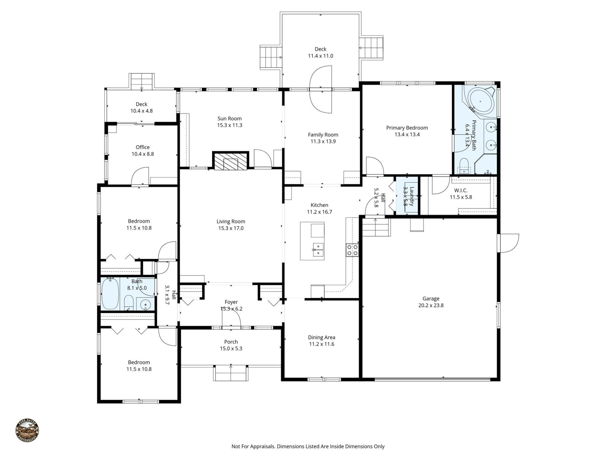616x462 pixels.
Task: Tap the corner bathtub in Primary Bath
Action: (480, 101)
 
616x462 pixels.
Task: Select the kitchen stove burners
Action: (352, 250)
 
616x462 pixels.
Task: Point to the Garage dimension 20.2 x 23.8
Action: (431, 305)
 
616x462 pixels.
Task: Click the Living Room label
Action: (231, 221)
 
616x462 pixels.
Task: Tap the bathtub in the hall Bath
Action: (110, 294)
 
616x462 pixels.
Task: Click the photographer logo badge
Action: (27, 431)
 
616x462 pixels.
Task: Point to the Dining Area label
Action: (321, 337)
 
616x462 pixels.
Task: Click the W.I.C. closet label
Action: (461, 190)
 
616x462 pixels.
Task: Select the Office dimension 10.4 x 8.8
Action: (142, 154)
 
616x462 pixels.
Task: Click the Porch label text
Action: (231, 342)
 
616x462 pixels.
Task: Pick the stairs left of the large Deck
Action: (270, 57)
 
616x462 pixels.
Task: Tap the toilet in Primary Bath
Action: (464, 165)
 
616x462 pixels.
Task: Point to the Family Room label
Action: (323, 135)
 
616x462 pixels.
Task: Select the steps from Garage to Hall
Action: (376, 227)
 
